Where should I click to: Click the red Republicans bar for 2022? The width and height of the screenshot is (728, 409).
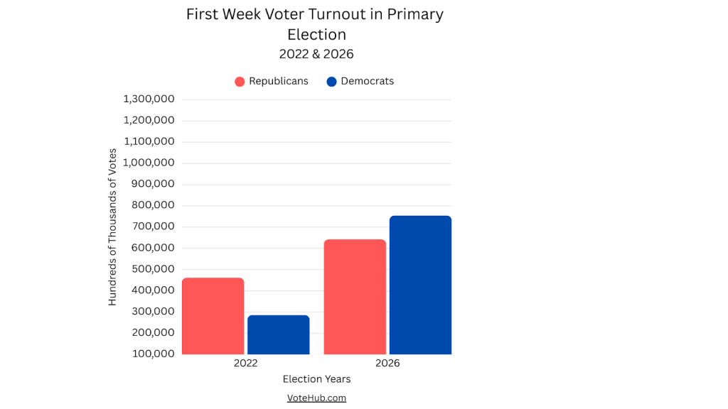pyautogui.click(x=213, y=316)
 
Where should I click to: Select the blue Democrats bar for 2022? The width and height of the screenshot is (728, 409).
pyautogui.click(x=278, y=334)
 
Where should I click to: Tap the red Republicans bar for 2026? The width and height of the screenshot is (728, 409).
pyautogui.click(x=355, y=297)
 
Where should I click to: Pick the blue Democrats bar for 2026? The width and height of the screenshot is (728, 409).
pyautogui.click(x=420, y=285)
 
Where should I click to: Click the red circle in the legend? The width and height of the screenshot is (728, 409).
pyautogui.click(x=240, y=82)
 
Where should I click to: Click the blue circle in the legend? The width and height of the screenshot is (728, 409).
pyautogui.click(x=331, y=82)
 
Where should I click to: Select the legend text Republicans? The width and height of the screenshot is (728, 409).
pyautogui.click(x=278, y=81)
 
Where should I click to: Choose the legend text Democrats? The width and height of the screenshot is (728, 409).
pyautogui.click(x=367, y=81)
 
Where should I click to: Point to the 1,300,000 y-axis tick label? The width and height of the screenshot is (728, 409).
pyautogui.click(x=149, y=99)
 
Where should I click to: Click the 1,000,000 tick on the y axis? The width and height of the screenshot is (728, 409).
pyautogui.click(x=149, y=163)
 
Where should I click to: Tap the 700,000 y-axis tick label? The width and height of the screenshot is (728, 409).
pyautogui.click(x=153, y=227)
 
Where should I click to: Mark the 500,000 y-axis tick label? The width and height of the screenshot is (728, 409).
pyautogui.click(x=153, y=269)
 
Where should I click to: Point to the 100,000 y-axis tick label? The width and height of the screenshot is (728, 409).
pyautogui.click(x=153, y=354)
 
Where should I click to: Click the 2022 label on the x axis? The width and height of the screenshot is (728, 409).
pyautogui.click(x=245, y=363)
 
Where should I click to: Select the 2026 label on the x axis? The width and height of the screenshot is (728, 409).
pyautogui.click(x=387, y=363)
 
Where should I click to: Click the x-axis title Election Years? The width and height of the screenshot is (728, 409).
pyautogui.click(x=316, y=379)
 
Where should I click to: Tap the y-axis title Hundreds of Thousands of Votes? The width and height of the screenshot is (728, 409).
pyautogui.click(x=112, y=227)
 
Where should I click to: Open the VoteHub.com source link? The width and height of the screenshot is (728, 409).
pyautogui.click(x=316, y=398)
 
